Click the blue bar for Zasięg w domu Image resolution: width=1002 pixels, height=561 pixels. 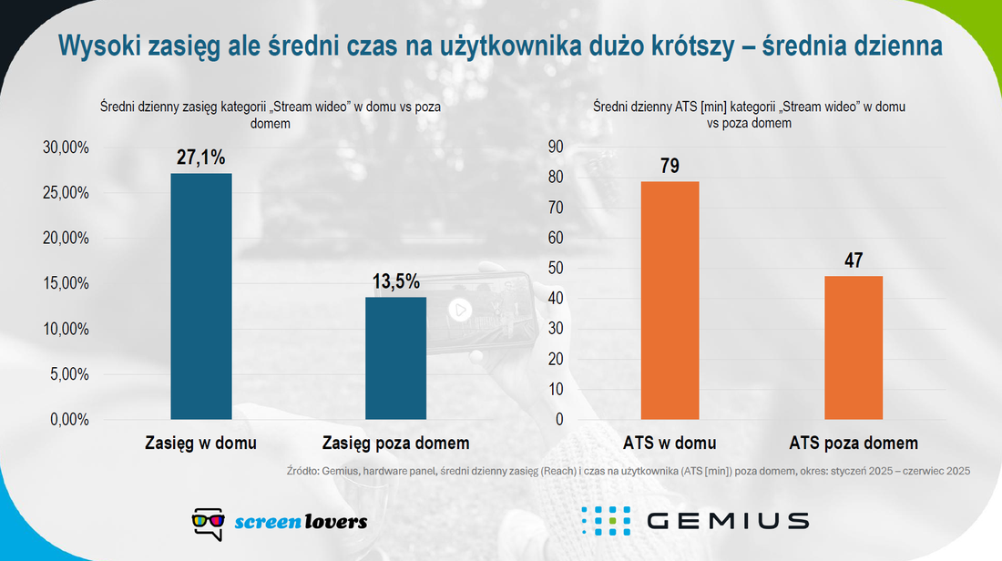tap(201, 297)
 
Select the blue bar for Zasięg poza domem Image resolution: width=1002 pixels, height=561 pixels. tap(395, 359)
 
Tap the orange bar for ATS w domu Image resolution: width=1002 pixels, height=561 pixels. tap(670, 301)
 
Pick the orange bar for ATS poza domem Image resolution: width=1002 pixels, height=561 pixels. tap(854, 348)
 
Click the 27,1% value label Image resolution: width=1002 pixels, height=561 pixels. tap(200, 158)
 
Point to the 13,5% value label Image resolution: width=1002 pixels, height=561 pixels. tap(396, 281)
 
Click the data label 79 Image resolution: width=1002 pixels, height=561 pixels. tap(670, 166)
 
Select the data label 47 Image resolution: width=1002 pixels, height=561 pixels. tap(854, 260)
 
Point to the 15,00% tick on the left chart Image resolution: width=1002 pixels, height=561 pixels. tap(66, 283)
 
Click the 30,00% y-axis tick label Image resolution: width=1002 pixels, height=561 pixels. tap(66, 147)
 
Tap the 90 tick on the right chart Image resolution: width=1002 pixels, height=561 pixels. tap(556, 147)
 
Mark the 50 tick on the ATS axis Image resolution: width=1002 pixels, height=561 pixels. tap(556, 269)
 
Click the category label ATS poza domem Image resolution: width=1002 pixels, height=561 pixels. tap(854, 443)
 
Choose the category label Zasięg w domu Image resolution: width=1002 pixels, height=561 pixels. tap(200, 443)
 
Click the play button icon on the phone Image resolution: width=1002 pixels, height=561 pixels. tap(460, 310)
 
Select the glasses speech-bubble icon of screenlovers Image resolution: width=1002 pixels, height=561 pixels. tap(209, 525)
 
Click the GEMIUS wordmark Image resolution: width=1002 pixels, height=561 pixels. tap(728, 521)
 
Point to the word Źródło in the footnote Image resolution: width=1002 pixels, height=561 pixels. tap(302, 471)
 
